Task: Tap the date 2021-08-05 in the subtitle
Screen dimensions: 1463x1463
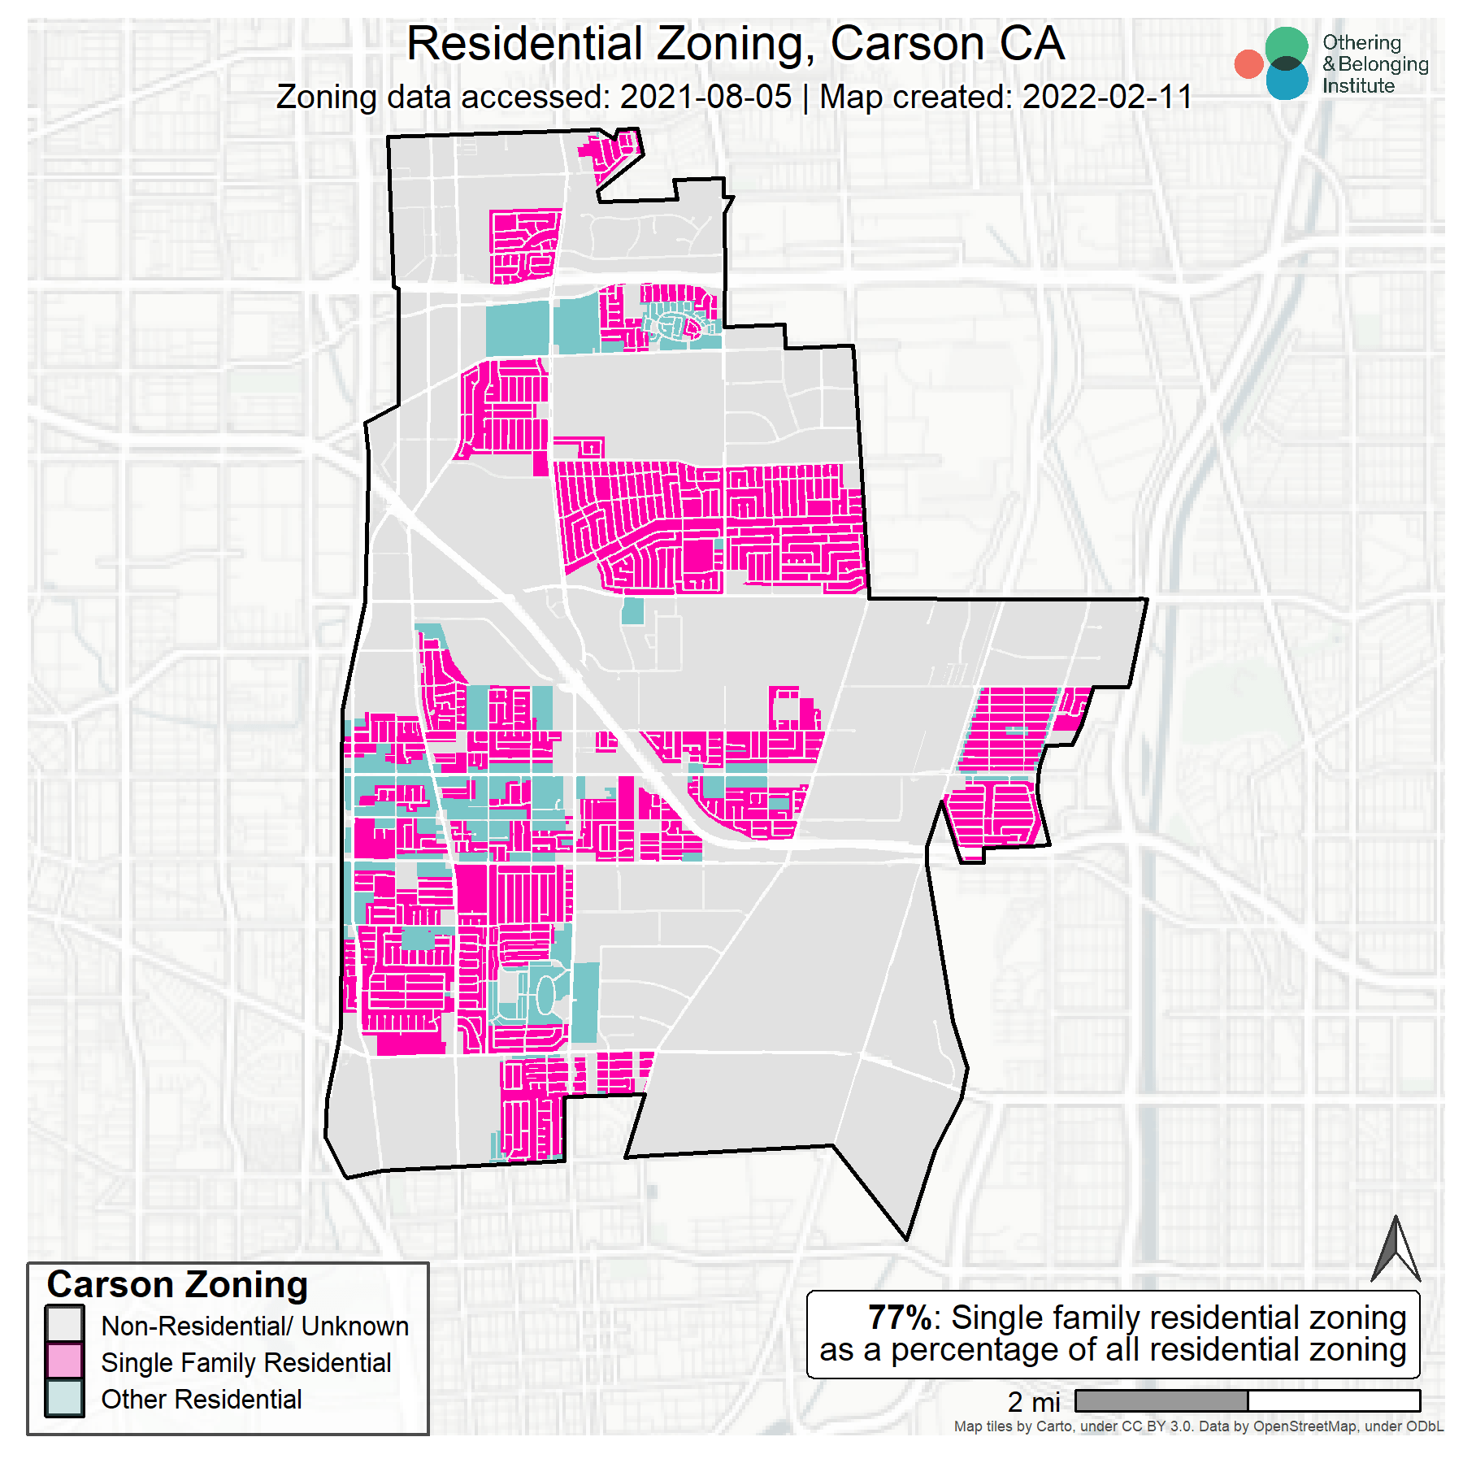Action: pos(705,98)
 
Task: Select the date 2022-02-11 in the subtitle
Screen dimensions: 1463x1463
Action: pos(1107,98)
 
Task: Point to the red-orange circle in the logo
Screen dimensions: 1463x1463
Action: pos(1248,64)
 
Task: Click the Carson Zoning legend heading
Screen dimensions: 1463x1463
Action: pos(177,1285)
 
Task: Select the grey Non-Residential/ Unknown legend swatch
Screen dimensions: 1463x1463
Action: pos(65,1324)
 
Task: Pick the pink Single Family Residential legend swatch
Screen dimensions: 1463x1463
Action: pos(65,1361)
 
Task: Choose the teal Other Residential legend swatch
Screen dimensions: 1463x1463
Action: pos(65,1398)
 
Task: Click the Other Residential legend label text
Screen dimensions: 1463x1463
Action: pos(202,1400)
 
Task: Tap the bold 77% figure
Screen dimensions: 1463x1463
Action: pos(900,1318)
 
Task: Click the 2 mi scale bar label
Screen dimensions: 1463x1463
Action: pos(1034,1402)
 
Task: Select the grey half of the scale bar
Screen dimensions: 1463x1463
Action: pos(1161,1400)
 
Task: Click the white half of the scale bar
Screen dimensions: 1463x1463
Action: pos(1334,1400)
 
